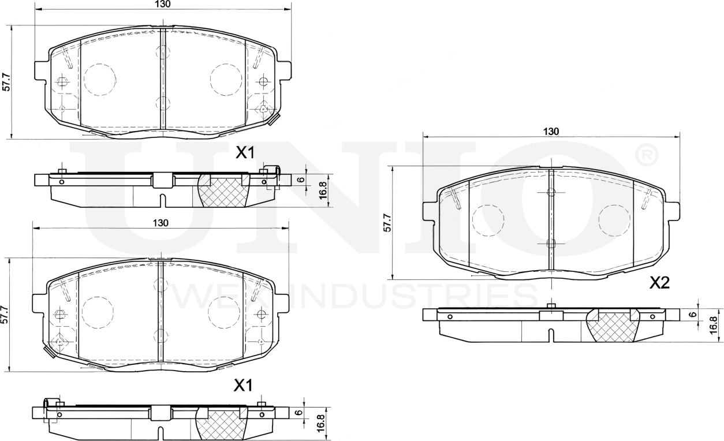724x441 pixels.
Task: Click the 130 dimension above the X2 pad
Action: [x=551, y=131]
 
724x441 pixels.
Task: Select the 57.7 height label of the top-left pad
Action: [x=6, y=81]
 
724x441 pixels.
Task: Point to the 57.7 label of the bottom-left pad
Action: [x=4, y=315]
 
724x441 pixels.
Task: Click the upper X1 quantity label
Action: [x=245, y=153]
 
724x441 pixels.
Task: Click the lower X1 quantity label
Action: [x=243, y=386]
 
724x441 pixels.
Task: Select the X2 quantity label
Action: [x=659, y=283]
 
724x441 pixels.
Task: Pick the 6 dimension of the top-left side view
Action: [x=300, y=180]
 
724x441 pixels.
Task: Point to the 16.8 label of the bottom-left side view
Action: [x=321, y=421]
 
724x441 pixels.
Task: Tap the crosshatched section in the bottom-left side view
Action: [x=222, y=424]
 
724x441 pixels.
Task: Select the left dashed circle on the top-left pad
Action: [x=99, y=79]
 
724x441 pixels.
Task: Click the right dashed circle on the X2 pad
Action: [x=614, y=220]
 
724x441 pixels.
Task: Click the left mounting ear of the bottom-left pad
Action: [x=39, y=302]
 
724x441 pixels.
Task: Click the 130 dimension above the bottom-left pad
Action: [x=161, y=223]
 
